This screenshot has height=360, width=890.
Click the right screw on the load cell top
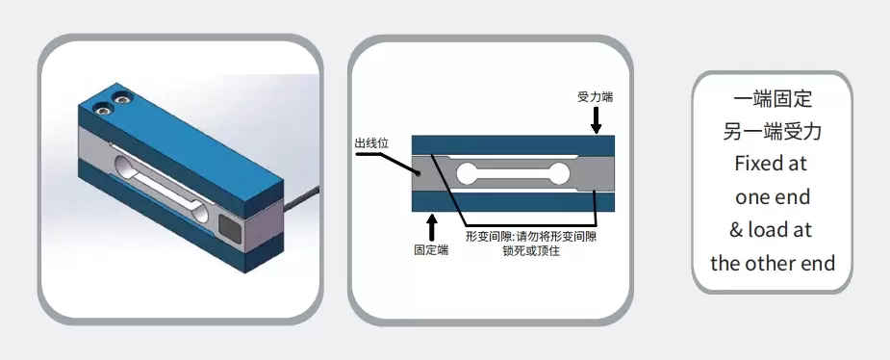(123, 96)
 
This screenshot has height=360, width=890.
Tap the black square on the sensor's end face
(232, 228)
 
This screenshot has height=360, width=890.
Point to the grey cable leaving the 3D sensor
(302, 193)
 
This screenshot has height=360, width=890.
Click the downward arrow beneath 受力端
(597, 120)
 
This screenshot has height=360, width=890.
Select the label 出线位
(371, 144)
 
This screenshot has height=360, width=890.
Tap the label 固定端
(431, 248)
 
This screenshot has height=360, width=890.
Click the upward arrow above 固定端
(431, 226)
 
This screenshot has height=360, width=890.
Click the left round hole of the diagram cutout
(468, 174)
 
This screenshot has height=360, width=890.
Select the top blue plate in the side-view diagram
(512, 143)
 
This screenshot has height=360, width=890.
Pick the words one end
(772, 196)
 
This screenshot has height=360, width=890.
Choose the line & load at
(772, 229)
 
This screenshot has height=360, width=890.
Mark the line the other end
(772, 262)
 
